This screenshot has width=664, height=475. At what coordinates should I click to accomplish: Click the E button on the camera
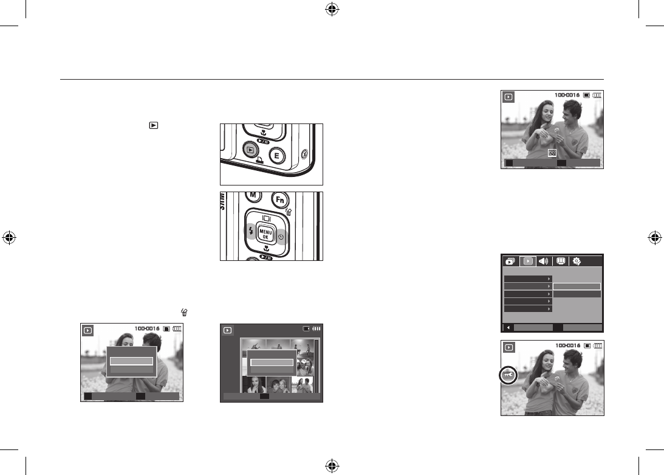tap(277, 156)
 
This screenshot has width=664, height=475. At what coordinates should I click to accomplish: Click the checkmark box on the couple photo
tap(552, 153)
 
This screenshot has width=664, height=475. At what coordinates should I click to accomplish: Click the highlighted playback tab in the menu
tap(529, 260)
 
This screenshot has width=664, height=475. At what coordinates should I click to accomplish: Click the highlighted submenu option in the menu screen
tap(577, 286)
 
